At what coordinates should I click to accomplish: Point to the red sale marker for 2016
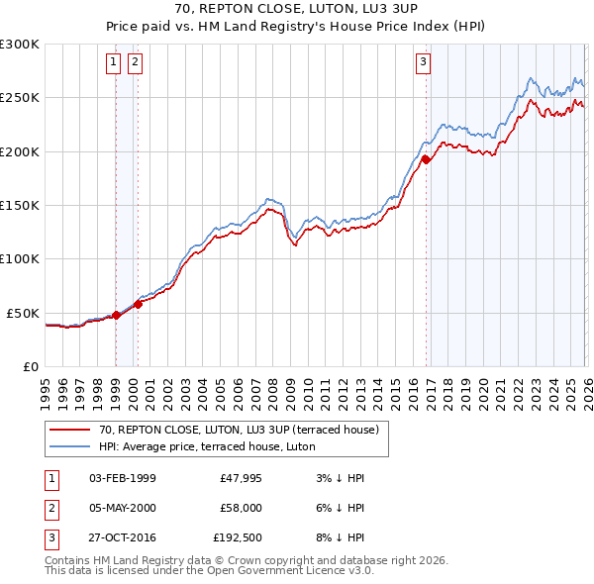(x=426, y=158)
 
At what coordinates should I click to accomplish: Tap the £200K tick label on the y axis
(x=20, y=151)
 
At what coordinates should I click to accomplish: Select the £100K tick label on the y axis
(x=20, y=258)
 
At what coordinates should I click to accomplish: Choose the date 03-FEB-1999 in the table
(x=122, y=478)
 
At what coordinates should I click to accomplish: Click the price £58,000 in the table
(x=242, y=509)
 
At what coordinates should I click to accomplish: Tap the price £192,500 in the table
(x=238, y=539)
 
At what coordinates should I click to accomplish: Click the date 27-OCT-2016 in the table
(x=122, y=539)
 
